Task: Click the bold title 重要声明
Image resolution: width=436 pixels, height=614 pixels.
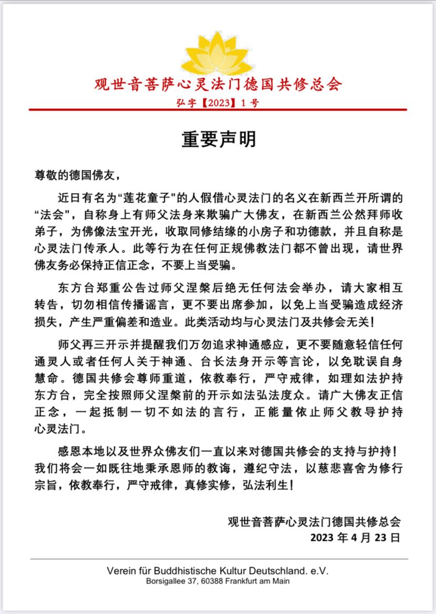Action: coord(218,139)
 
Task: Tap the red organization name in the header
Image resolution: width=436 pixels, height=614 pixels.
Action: coord(218,84)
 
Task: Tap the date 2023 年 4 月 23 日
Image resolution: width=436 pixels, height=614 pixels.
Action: coord(355,538)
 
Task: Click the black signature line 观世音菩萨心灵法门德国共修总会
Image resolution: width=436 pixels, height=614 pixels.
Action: coord(314,521)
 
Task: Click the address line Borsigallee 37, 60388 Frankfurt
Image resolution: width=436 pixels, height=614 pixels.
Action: coord(217,581)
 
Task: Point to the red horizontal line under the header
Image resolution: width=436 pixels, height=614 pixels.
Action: coord(218,109)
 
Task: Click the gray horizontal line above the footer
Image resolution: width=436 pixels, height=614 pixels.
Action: coord(218,559)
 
